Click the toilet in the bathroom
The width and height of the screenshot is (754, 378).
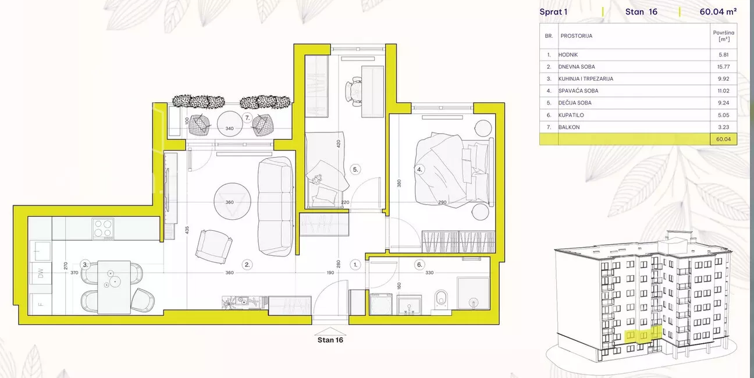441,302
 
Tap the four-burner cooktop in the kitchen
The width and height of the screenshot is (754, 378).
104,229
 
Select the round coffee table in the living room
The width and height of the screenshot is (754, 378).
232,201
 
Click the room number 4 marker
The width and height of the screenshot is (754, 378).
419,169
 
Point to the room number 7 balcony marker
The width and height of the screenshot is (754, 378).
247,118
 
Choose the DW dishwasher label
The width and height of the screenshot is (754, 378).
41,273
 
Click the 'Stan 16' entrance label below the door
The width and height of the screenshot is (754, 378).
330,340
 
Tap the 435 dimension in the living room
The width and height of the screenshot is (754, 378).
187,230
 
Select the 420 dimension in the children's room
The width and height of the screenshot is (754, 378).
338,144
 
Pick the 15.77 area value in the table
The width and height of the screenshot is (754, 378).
723,67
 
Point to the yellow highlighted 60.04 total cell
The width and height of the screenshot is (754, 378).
723,139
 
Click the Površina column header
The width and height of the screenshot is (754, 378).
724,35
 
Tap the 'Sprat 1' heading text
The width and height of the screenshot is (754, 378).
553,12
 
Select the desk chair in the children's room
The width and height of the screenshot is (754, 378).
354,91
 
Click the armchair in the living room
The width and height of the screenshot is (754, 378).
214,247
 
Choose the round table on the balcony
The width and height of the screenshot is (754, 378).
230,124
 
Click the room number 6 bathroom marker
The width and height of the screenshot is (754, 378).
419,265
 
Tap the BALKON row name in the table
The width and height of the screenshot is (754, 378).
569,127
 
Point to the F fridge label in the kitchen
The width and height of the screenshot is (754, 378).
41,304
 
